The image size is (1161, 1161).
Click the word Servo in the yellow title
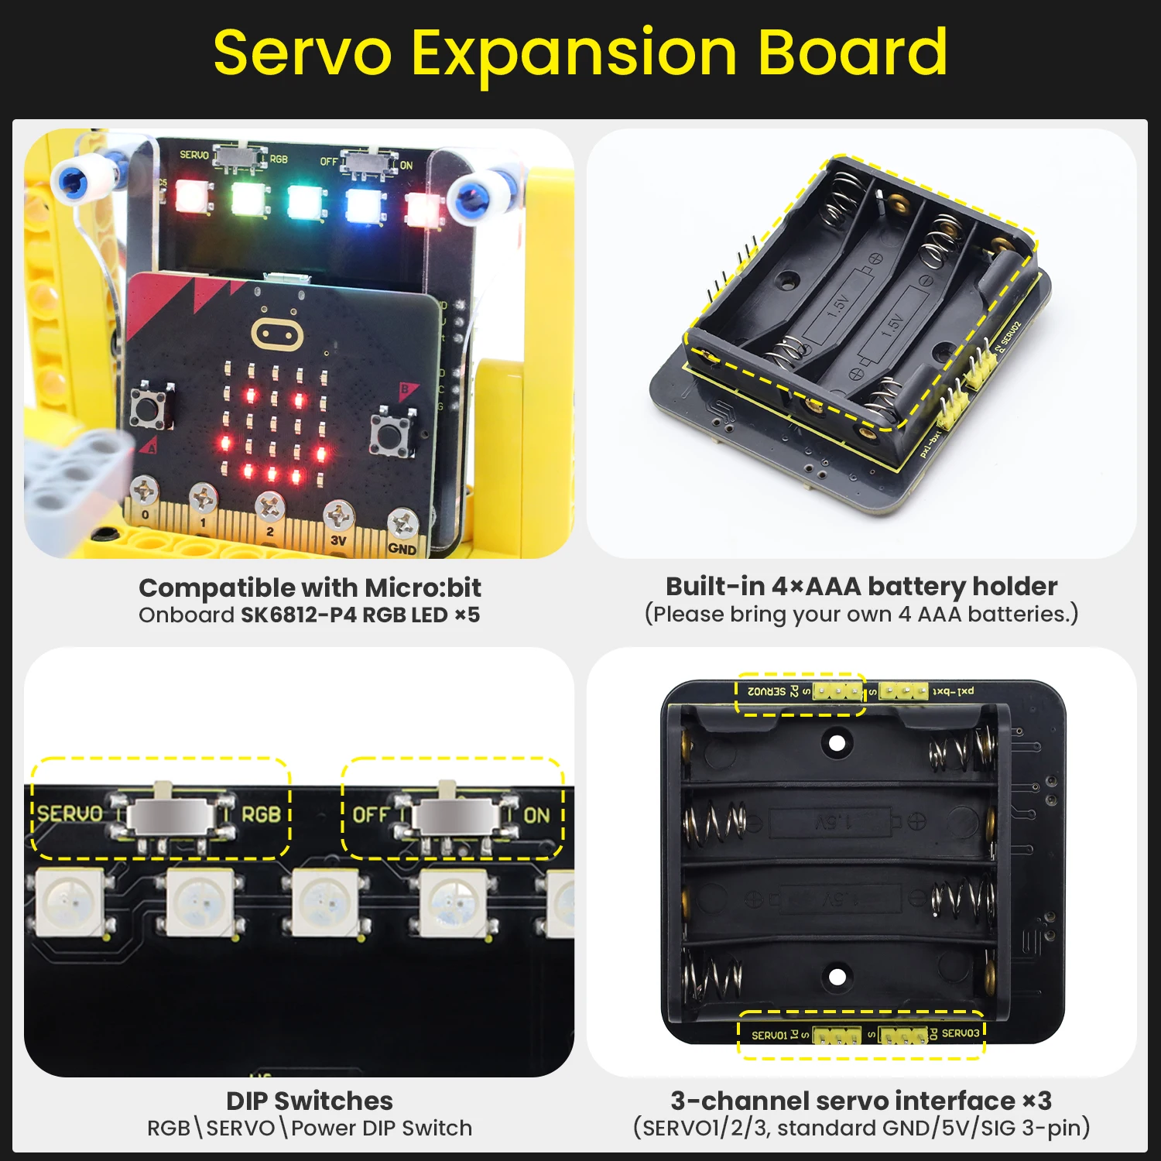(x=303, y=53)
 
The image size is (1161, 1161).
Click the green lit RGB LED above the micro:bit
(x=248, y=198)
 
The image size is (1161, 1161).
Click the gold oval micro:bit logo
(x=276, y=334)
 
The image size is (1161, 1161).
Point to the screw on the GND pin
(x=402, y=524)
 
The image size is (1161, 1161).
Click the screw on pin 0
(x=145, y=491)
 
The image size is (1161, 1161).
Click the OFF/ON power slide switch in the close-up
(x=457, y=816)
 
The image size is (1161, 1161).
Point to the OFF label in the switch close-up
(x=371, y=815)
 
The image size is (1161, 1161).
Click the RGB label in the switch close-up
(x=261, y=814)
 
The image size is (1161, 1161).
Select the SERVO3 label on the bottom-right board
(x=960, y=1033)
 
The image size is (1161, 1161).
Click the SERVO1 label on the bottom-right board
(x=769, y=1035)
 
